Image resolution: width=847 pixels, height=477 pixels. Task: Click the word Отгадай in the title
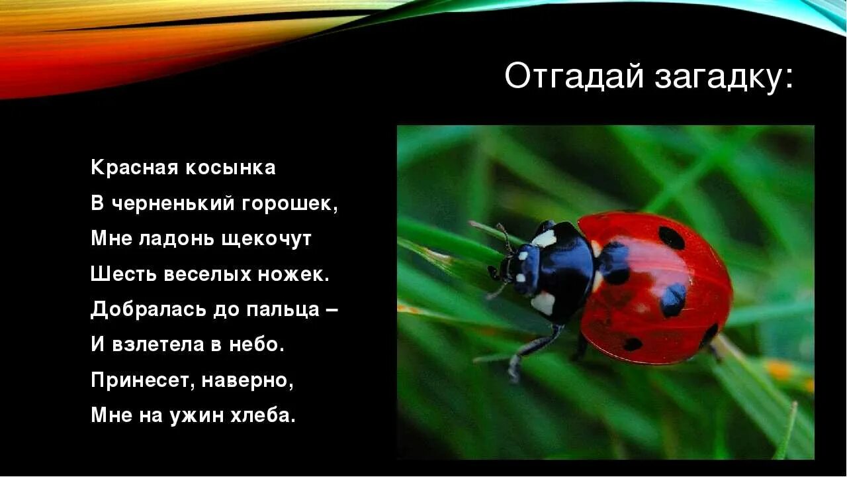tap(574, 77)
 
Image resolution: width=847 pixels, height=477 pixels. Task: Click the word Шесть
tap(119, 274)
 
